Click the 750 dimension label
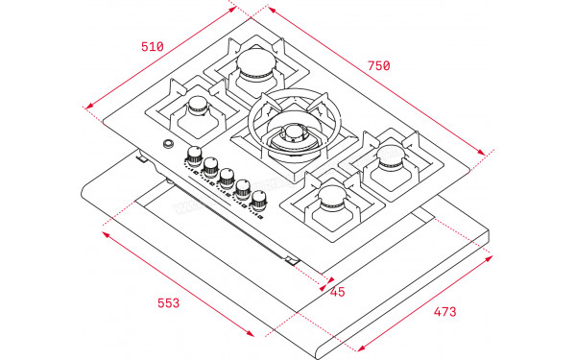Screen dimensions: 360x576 coord(378,66)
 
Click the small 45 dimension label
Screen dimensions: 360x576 coord(337,292)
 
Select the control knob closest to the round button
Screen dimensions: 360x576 coord(195,156)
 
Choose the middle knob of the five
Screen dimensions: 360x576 coord(227,178)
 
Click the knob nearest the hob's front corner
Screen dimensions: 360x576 coord(259,200)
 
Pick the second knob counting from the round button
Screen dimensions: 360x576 coord(210,167)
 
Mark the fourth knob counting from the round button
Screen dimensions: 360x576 coord(243,189)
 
